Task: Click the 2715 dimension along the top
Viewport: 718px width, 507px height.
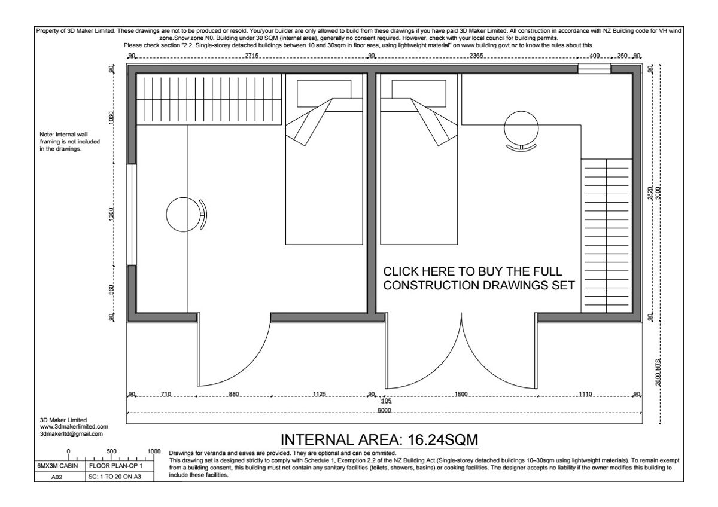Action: click(x=252, y=56)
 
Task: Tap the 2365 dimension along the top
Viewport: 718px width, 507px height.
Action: click(x=476, y=56)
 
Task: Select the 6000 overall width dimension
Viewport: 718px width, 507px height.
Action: click(x=384, y=410)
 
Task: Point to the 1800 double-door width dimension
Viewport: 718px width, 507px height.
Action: click(x=461, y=394)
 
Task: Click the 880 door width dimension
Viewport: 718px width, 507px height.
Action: click(x=234, y=394)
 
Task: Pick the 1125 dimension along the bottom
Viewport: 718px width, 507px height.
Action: click(x=320, y=394)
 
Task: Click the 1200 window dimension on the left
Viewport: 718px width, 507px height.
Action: click(x=111, y=214)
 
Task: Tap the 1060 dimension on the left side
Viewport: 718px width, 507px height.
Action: click(x=111, y=118)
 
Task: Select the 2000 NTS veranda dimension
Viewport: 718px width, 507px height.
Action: click(x=658, y=371)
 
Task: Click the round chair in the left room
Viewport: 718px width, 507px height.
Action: click(x=186, y=214)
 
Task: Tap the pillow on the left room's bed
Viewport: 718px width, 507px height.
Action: click(x=324, y=93)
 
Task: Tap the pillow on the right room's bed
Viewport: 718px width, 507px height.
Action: click(x=419, y=93)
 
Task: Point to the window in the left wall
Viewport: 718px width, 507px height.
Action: click(x=132, y=215)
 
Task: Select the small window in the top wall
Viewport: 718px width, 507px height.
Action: click(x=594, y=69)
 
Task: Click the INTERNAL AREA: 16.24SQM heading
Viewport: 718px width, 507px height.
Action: click(x=379, y=440)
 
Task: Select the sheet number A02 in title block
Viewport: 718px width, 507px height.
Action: click(x=57, y=477)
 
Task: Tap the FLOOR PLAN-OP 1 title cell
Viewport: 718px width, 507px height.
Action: click(x=115, y=465)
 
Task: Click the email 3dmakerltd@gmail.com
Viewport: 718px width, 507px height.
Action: click(x=71, y=434)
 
